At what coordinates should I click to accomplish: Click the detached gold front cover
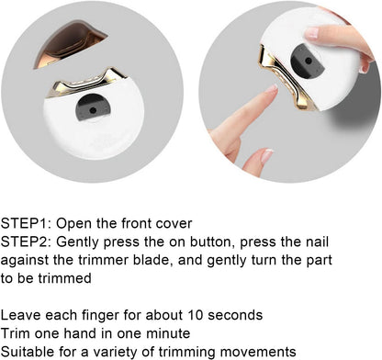69,43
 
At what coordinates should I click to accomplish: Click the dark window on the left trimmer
92,107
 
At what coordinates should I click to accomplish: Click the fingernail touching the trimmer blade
271,89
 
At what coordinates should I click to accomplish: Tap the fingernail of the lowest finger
266,156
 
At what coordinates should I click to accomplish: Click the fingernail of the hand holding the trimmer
312,32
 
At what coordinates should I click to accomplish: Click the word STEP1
26,223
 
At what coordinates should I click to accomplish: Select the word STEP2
26,242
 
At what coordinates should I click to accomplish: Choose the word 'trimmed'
64,278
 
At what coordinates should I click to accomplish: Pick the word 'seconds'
235,315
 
